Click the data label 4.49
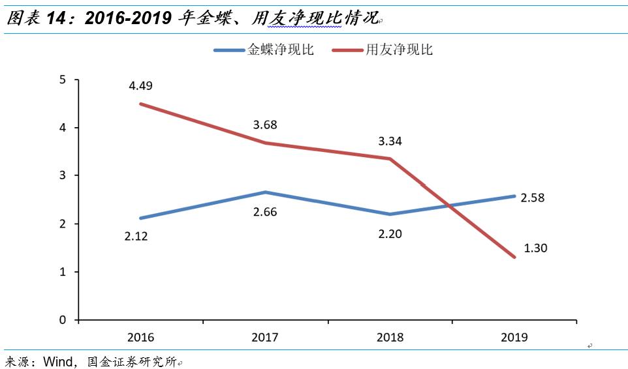[x=142, y=86]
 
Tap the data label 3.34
[x=390, y=140]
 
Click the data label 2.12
[x=136, y=237]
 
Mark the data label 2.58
[x=532, y=198]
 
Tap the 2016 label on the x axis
[x=141, y=337]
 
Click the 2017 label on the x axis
[x=265, y=337]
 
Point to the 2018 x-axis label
[x=390, y=337]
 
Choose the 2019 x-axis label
[x=514, y=337]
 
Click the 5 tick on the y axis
[x=63, y=80]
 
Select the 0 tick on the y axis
[x=63, y=320]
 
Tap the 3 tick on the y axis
[x=63, y=176]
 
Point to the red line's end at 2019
[x=514, y=257]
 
